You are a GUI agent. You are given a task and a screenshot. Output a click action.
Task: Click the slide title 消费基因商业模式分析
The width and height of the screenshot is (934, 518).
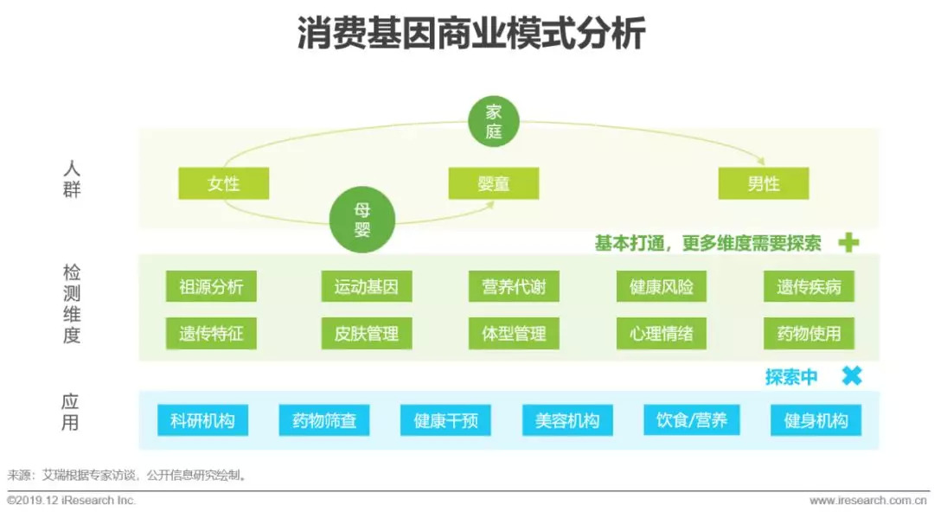[467, 36]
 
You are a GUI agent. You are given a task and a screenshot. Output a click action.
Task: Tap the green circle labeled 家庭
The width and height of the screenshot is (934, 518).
[493, 122]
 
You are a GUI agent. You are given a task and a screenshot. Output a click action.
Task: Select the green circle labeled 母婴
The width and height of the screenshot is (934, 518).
[361, 220]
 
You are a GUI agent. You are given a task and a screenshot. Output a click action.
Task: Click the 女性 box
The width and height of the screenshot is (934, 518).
[223, 183]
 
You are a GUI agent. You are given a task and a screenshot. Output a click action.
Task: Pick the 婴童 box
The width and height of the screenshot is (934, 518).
[493, 183]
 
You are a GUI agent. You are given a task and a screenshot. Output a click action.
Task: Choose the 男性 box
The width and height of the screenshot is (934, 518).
[763, 183]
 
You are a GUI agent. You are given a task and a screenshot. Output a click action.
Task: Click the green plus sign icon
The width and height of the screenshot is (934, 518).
[848, 243]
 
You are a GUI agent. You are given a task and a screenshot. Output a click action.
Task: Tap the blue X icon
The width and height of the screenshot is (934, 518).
[852, 376]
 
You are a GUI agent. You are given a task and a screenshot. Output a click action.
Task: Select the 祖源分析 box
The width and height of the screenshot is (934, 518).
[211, 287]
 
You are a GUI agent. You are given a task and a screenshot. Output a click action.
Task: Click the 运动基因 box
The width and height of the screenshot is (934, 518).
[367, 287]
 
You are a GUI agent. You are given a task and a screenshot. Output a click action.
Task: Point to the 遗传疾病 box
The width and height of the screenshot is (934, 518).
[809, 287]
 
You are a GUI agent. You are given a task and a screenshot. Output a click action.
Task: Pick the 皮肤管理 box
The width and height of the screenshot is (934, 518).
[367, 333]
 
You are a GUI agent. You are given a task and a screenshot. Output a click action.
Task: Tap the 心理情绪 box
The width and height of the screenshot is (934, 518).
[662, 333]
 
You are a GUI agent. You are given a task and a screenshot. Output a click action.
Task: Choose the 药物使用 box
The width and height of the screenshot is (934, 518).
[809, 333]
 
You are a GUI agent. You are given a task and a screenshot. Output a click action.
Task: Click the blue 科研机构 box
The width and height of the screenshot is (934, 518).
[202, 421]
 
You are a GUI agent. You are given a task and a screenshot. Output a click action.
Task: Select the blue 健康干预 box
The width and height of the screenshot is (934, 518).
[446, 421]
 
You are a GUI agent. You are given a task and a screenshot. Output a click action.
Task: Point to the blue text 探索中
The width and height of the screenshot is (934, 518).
[790, 377]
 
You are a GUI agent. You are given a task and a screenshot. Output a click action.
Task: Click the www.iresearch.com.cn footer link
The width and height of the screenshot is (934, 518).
[868, 501]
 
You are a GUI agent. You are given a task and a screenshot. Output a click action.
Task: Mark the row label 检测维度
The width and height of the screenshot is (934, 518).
[72, 304]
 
